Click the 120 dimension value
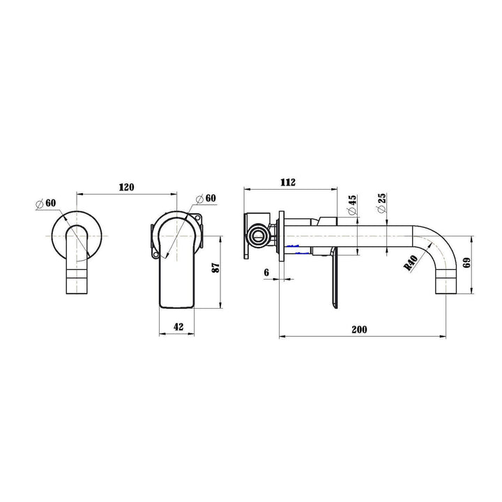[126, 187]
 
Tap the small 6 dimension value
[267, 273]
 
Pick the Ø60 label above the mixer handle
[206, 199]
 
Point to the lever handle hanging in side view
[334, 279]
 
